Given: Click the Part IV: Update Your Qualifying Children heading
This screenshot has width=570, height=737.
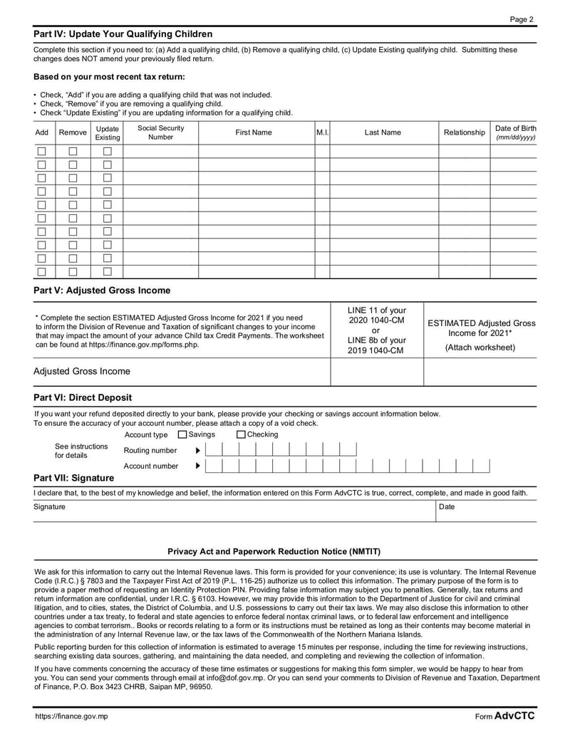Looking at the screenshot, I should (123, 34).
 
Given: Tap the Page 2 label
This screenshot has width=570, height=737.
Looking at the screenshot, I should (522, 19).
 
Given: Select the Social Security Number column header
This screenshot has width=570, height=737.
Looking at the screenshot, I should (160, 132).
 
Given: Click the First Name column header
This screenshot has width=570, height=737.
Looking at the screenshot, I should (254, 132).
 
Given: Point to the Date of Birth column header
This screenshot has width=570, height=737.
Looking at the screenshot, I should (515, 132).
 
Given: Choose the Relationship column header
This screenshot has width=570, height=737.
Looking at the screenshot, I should (464, 132).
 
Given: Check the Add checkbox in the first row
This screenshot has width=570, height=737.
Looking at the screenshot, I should (41, 151).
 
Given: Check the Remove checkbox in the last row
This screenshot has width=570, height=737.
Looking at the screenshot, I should (73, 271).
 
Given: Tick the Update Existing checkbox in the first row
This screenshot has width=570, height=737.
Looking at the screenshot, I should (108, 151).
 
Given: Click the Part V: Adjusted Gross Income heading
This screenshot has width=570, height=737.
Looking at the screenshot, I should (102, 291).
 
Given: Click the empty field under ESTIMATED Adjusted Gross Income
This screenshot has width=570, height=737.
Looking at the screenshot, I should (480, 372).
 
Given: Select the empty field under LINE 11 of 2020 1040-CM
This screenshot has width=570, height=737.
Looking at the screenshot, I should (376, 372).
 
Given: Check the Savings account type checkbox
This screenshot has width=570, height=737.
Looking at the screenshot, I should (182, 435).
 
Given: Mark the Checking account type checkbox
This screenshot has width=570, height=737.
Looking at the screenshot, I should (241, 435).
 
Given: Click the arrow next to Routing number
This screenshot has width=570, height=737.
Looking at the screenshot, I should (198, 451).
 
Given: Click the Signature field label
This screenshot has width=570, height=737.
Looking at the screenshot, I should (49, 507).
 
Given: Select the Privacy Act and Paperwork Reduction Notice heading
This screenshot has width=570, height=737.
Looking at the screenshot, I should (274, 552).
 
